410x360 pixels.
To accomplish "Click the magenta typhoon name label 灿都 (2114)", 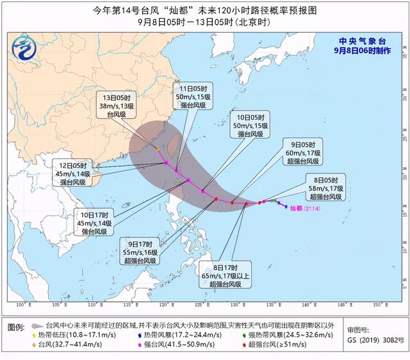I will point(304,208).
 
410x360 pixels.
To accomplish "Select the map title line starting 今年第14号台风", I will point(204,10).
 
